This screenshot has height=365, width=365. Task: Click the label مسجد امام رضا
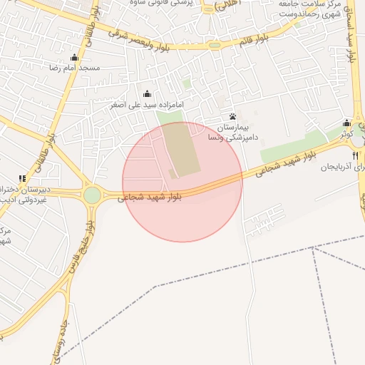[x=74, y=68]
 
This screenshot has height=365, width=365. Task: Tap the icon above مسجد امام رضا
[x=74, y=58]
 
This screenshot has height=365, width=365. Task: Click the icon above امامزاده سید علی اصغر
[x=148, y=93]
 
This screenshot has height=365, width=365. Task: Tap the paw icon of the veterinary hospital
[x=233, y=116]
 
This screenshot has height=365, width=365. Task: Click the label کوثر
[x=346, y=133]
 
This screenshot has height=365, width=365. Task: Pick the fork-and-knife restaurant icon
[x=355, y=155]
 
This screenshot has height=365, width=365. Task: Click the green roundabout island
[x=92, y=195]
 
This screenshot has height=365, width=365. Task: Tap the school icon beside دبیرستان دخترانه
[x=23, y=178]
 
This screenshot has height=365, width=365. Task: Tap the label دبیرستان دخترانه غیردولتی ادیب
[x=21, y=195]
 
